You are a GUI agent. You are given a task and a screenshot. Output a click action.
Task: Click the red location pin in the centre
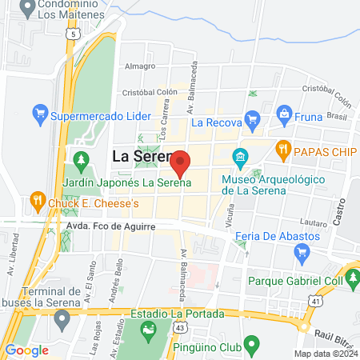click(x=181, y=162)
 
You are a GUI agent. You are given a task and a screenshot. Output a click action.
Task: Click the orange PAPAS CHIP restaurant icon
click(x=282, y=148)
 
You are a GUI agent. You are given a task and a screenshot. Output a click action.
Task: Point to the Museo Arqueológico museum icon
click(x=238, y=156)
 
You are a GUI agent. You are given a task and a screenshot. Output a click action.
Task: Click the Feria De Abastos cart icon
click(x=302, y=253)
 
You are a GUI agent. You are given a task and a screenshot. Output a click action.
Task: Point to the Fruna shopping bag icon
click(x=283, y=114)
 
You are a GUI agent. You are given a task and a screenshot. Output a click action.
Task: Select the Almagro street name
click(x=140, y=66)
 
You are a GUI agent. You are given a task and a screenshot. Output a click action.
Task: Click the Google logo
click(x=26, y=350)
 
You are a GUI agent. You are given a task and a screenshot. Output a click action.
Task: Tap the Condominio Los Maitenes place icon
click(x=27, y=10)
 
